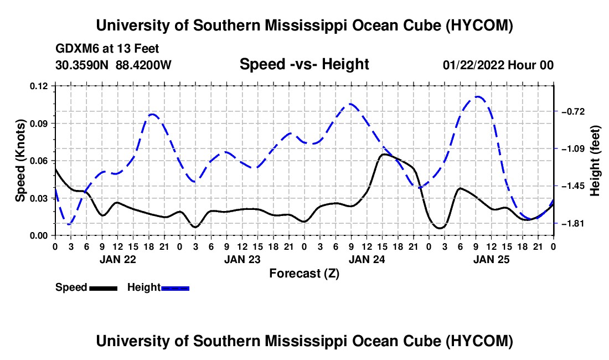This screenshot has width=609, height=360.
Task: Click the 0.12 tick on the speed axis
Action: pos(38,86)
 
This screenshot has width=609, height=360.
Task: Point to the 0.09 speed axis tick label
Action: pos(38,124)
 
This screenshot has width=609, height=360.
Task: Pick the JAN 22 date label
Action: pos(118,259)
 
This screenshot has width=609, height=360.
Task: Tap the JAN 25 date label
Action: pos(491,259)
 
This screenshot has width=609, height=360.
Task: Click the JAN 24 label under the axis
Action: pos(367,259)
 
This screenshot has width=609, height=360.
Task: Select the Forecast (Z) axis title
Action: pos(304,274)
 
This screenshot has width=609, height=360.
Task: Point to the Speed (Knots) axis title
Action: pos(20,161)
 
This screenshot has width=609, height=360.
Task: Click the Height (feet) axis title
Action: pos(595,161)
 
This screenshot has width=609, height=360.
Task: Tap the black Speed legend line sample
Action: pos(103,288)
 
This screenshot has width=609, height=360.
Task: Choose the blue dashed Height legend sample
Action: pos(175,288)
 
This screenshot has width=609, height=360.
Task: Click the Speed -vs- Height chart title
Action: pos(304,64)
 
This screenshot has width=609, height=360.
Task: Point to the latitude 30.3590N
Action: pos(81,65)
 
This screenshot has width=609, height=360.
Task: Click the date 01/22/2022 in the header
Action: pos(473,65)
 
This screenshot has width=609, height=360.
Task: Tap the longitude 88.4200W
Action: pos(143,65)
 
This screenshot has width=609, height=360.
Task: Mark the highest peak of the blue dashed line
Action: pos(477,96)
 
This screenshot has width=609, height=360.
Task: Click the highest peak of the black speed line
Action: pos(384,154)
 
